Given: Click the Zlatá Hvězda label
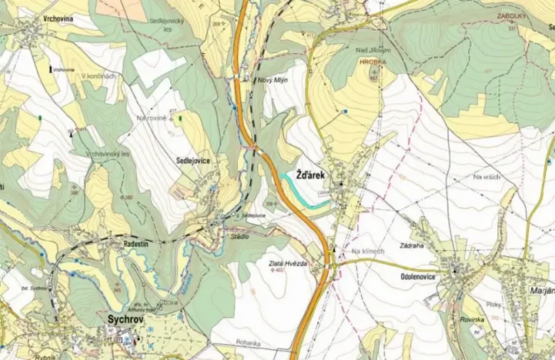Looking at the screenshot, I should [x=289, y=263].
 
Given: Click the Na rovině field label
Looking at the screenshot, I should [x=152, y=119].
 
